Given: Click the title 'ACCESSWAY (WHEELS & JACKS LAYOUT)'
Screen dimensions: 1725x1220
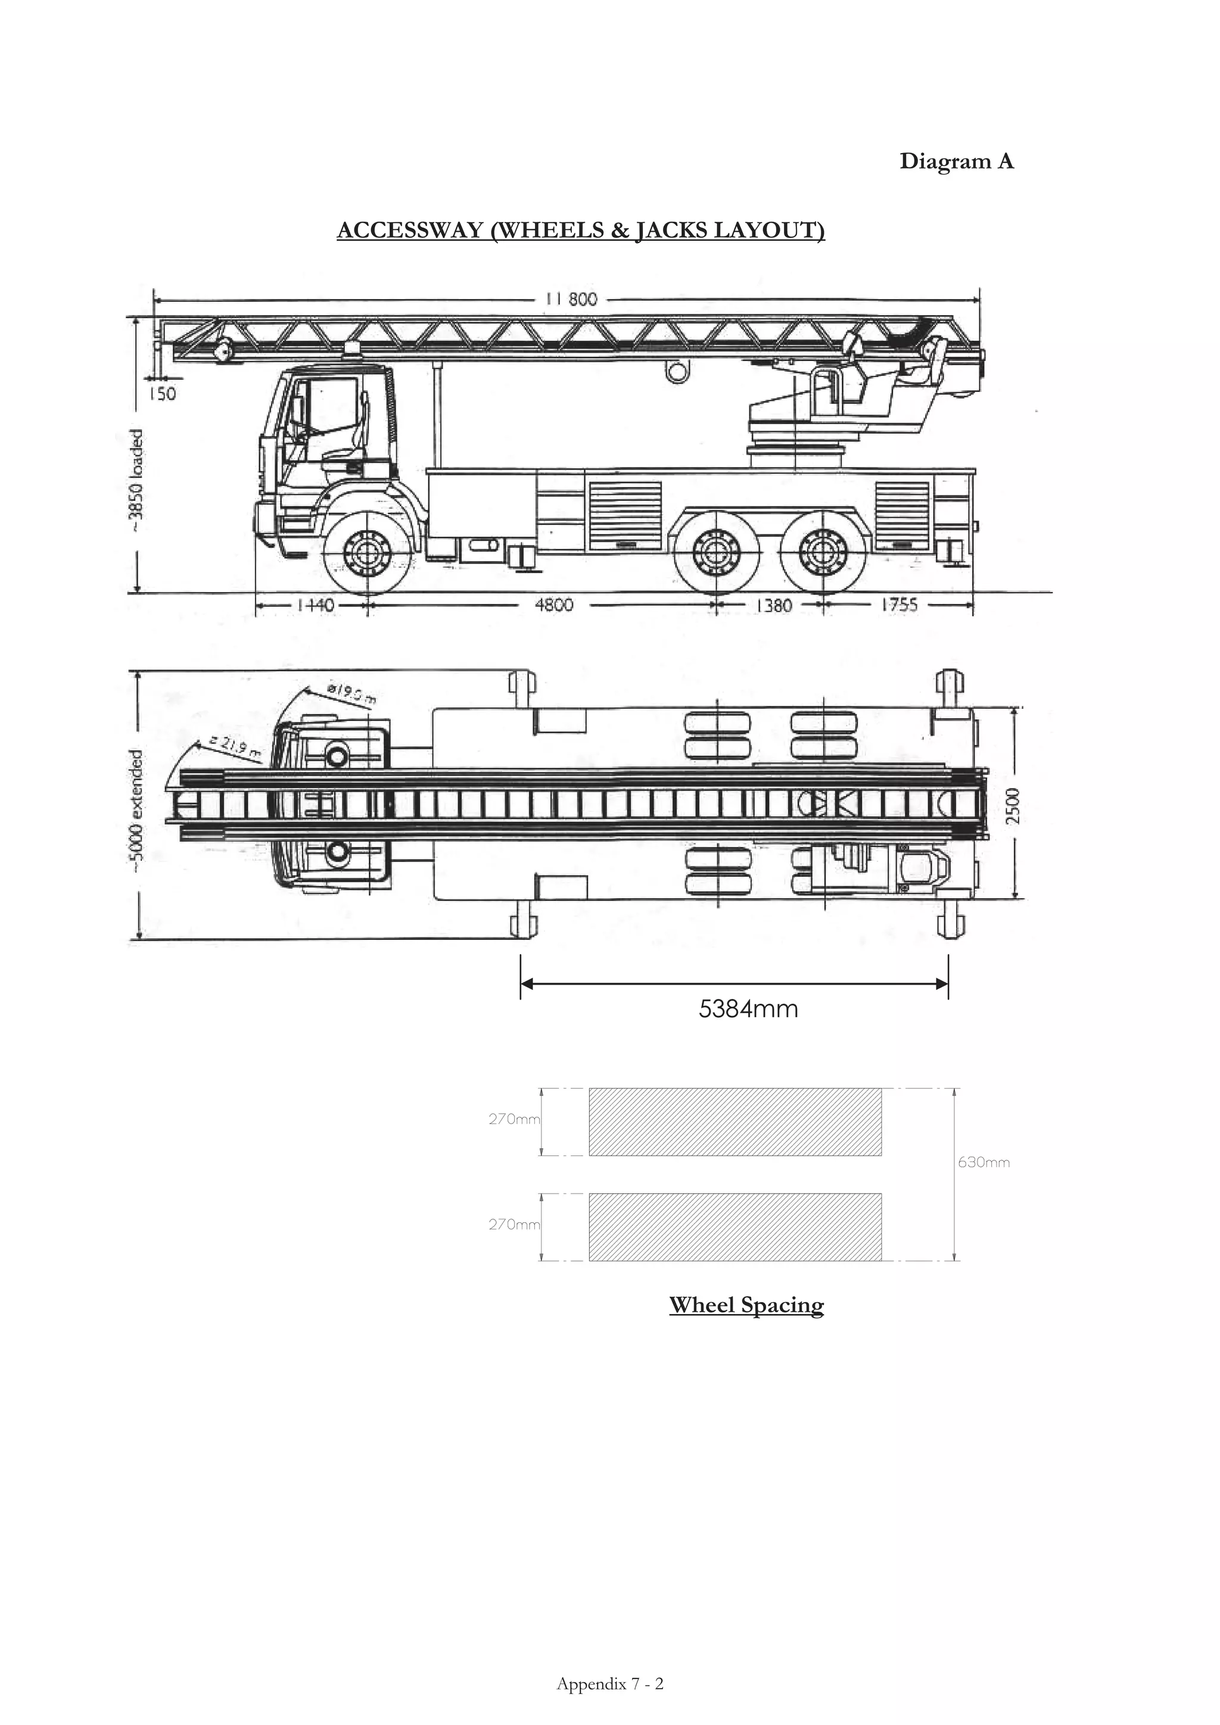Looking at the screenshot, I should (581, 230).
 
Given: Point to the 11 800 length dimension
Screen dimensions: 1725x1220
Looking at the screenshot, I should (572, 299).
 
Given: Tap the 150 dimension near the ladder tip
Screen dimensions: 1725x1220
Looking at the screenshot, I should (161, 393).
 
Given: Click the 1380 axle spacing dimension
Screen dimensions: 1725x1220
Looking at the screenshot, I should (773, 605).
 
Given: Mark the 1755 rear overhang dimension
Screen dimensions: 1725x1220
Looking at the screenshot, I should (900, 605).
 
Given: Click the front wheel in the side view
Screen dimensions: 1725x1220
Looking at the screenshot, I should (368, 554).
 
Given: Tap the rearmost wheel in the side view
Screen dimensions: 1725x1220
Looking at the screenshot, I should (823, 554).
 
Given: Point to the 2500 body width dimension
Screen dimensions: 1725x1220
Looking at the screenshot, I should (1013, 805).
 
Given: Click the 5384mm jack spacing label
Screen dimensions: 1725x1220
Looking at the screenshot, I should (748, 1008).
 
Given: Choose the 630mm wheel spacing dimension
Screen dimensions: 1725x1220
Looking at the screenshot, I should (984, 1162).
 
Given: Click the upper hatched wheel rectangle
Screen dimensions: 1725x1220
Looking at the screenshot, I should (735, 1122).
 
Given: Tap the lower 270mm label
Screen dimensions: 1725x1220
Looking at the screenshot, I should (514, 1224).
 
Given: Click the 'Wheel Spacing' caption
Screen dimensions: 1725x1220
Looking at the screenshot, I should (746, 1305).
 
